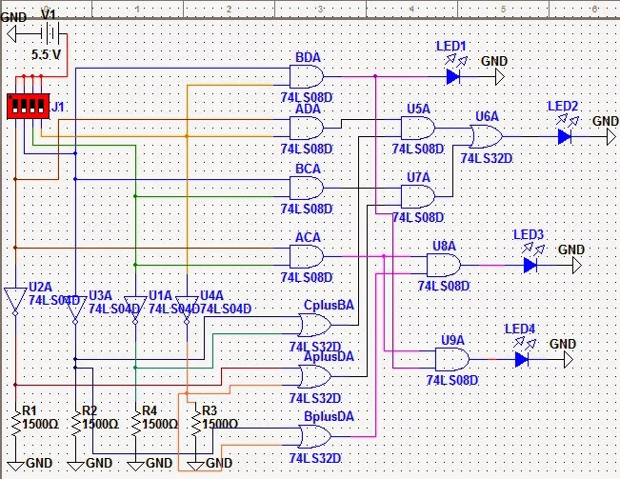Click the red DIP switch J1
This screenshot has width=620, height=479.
[x=28, y=106]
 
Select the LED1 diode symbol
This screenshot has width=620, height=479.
[x=453, y=76]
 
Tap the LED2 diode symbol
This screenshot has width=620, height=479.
[x=565, y=136]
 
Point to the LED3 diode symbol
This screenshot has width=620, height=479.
[x=530, y=265]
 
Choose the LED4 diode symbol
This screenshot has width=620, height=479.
[x=521, y=359]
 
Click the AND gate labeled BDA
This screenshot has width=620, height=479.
[x=307, y=76]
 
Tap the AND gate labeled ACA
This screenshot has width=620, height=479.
[x=307, y=255]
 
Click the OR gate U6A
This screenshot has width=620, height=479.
[x=487, y=136]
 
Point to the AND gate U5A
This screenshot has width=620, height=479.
[x=418, y=130]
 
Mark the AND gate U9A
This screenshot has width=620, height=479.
[x=451, y=359]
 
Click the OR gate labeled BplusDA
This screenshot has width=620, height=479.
[x=313, y=437]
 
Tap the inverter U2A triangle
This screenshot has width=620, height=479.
[x=15, y=299]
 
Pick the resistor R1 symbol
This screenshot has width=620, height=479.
[x=15, y=422]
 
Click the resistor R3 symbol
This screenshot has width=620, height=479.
[x=196, y=423]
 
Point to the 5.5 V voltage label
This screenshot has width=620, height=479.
[x=46, y=55]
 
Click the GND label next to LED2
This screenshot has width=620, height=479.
[x=605, y=121]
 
